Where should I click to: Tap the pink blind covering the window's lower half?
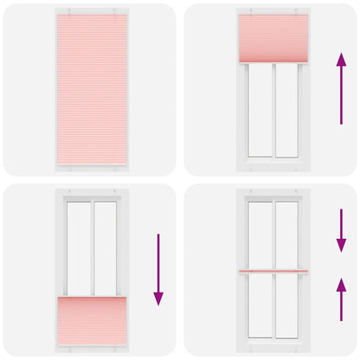point(91,318)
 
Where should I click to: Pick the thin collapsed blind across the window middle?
point(273,271)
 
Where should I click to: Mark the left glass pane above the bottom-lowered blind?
point(79,247)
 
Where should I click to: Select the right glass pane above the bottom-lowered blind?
point(104,247)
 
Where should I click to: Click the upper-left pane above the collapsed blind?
point(260,234)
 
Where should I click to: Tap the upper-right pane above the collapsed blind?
point(286,234)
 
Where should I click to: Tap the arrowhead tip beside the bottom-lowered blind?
point(158,304)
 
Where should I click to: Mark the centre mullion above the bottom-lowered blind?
point(91,247)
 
